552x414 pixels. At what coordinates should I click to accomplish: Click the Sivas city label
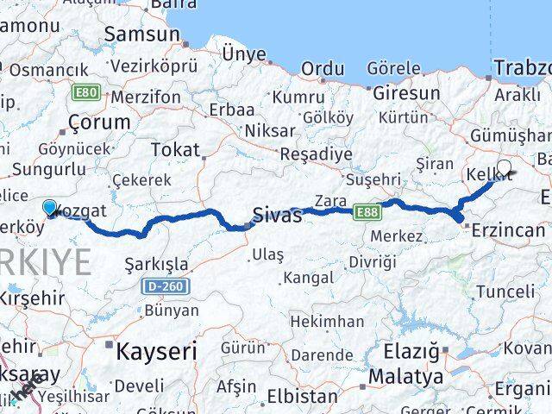277,216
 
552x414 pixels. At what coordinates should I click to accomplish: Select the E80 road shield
85,91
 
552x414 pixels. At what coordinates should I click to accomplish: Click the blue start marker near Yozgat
50,208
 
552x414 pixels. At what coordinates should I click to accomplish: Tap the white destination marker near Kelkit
504,168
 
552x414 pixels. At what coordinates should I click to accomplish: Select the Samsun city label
141,35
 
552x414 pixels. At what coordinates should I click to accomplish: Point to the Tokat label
174,150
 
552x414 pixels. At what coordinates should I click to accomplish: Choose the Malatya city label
405,377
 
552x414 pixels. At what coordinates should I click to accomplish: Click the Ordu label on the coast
323,68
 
